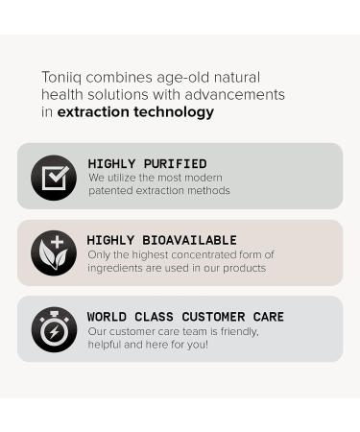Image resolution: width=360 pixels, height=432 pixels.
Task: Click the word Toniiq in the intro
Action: coord(62,77)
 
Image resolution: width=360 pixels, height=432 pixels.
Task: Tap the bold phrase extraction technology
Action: coord(135,112)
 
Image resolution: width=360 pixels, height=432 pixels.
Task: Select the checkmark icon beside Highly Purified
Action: coord(54,177)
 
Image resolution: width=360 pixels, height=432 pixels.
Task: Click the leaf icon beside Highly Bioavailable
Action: coord(54,252)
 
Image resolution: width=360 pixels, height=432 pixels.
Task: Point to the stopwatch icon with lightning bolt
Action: coord(54,329)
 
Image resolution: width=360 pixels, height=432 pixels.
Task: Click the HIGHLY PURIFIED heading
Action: coord(147,164)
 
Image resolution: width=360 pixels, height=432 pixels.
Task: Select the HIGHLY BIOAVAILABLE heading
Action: coord(161,240)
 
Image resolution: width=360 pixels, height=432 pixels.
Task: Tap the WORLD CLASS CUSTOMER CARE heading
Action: coord(185,317)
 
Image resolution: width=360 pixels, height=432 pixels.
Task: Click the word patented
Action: coord(113,191)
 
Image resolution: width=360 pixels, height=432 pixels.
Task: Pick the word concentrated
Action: coord(205,254)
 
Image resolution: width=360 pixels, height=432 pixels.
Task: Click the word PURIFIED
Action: coord(176,164)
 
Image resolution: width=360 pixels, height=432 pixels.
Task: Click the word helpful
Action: coord(107,345)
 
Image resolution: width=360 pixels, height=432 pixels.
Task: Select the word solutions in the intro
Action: coord(126,94)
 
